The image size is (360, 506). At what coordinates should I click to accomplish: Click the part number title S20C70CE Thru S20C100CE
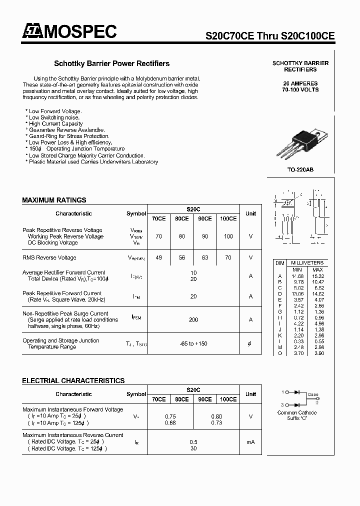pos(270,36)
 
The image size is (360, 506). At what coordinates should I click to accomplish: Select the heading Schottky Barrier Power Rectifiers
pos(111,63)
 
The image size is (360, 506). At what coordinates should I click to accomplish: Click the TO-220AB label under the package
pos(300,170)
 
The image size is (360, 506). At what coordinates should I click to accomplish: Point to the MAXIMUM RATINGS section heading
pos(54,200)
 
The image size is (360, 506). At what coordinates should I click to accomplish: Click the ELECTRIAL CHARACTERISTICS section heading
pos(73,381)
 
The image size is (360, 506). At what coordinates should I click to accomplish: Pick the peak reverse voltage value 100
pos(228,236)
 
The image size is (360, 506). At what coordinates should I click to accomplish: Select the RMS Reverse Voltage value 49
pos(158,258)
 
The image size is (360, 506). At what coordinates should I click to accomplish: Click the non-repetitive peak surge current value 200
pos(193,320)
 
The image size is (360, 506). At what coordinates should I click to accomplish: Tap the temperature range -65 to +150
pos(193,344)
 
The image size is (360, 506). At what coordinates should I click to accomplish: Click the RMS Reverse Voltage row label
pos(49,258)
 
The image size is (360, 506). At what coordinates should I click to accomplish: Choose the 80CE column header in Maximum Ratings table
pos(181,219)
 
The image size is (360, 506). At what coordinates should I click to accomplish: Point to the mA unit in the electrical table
pos(250,442)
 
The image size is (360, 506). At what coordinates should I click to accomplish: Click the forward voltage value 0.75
pos(170,416)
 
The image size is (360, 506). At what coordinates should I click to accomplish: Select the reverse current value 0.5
pos(193,442)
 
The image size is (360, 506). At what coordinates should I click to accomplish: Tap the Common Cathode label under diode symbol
pos(297,413)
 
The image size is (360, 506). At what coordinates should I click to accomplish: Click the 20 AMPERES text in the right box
pos(300,83)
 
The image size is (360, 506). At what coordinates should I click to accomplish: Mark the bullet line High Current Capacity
pos(55,124)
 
